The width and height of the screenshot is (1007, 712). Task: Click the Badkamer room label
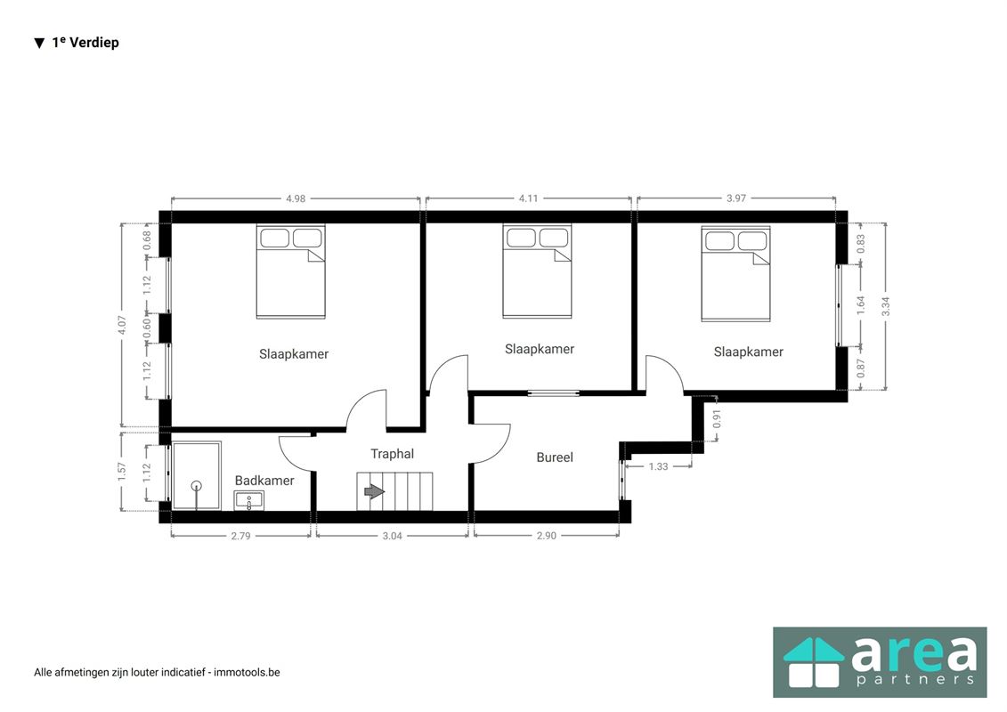pos(264,481)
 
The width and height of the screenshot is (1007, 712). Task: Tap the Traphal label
pos(392,454)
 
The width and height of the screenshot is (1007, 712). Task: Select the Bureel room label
pos(554,457)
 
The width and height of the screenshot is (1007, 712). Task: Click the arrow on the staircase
pos(374,492)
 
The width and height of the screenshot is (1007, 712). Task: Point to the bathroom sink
pos(248,501)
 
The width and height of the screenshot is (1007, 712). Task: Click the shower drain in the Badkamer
pos(197,486)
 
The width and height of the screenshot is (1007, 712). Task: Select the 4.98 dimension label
pos(296,198)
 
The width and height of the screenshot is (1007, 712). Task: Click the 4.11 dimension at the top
pos(528,198)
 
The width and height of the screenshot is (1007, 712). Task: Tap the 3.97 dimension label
pos(736,198)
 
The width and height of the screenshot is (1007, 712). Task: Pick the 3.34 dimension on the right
pos(886,306)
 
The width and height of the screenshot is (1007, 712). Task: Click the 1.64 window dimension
pos(861,305)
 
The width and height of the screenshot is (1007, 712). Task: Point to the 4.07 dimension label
pos(122,325)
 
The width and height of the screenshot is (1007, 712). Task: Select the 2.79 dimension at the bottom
pos(240,536)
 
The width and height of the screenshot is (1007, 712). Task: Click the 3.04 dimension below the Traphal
pos(392,536)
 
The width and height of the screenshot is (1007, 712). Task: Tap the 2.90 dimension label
pos(546,536)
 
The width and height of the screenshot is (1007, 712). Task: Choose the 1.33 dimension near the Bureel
pos(658,466)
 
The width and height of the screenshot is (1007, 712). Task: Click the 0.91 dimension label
pos(718,418)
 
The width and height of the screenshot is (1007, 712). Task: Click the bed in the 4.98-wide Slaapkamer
pos(291,271)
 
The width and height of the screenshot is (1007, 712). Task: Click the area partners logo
pos(880,662)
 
